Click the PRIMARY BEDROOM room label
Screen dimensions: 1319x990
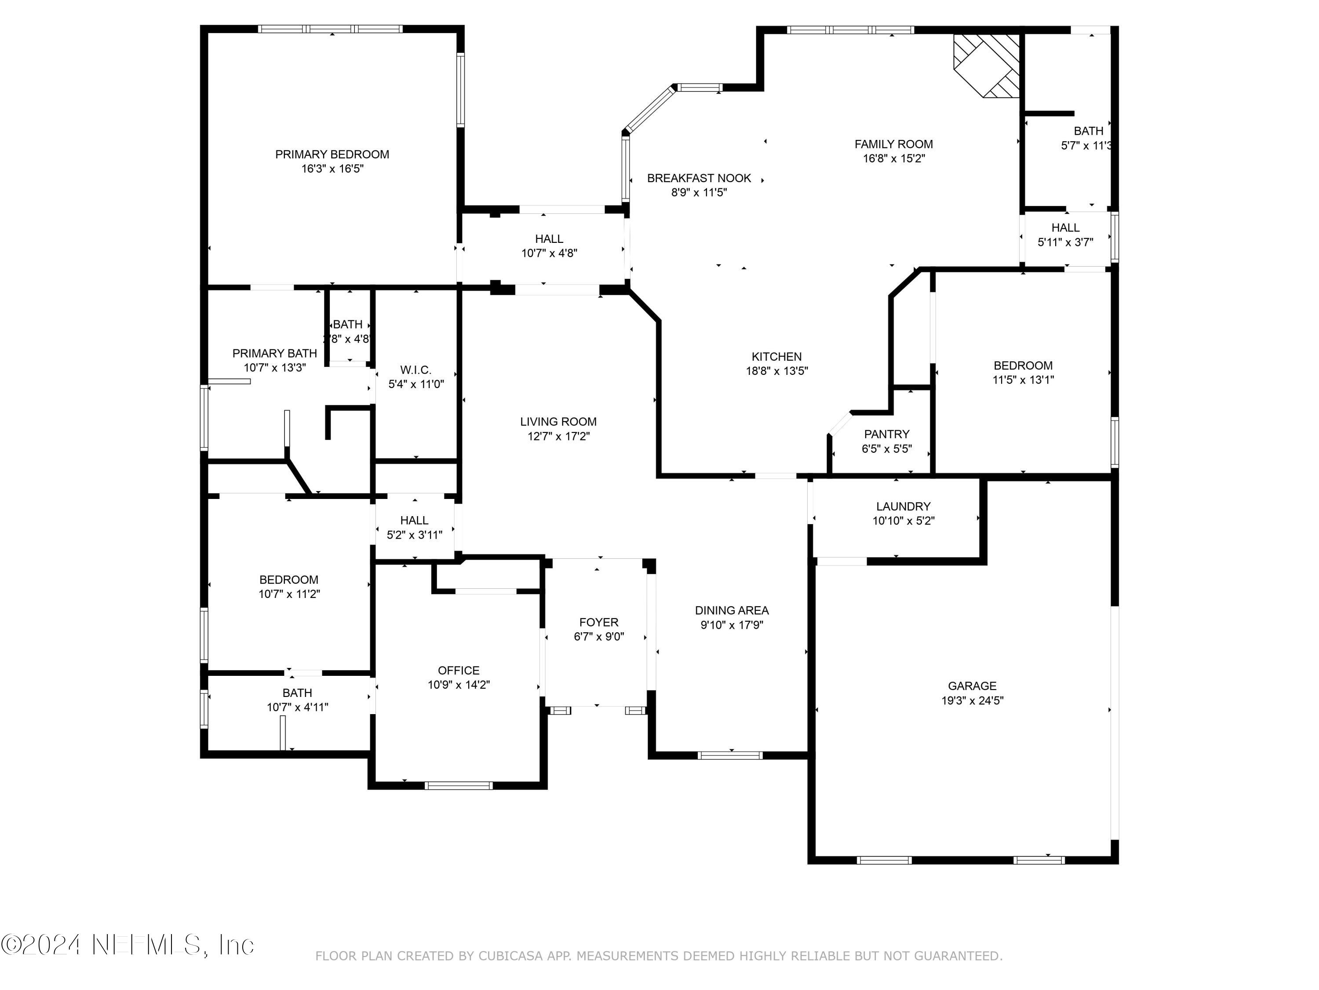coord(332,154)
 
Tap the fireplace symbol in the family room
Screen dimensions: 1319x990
coord(987,65)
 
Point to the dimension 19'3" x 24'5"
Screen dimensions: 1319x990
coord(973,700)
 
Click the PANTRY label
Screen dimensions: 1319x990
coord(887,434)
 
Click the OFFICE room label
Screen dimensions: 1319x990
coord(459,671)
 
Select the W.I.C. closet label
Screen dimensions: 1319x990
coord(415,370)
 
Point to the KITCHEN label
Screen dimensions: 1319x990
coord(776,357)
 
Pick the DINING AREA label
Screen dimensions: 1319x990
coord(732,610)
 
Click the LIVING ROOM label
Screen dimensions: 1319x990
coord(558,422)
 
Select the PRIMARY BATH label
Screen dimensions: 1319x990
coord(274,353)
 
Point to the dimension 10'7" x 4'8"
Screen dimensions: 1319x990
coord(549,253)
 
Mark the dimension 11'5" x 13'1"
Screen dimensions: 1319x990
coord(1023,380)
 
